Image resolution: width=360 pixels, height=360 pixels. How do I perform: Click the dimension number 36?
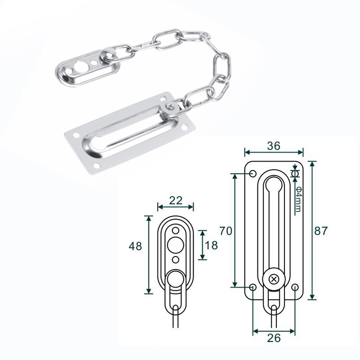click(274, 145)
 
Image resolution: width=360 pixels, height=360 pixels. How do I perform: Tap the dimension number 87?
click(321, 231)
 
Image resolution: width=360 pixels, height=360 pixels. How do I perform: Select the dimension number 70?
click(226, 231)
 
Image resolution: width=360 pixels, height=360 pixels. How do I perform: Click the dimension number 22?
click(175, 200)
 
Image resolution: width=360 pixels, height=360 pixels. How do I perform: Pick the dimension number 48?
click(135, 246)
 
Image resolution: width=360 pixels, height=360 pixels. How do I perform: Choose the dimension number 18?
click(211, 245)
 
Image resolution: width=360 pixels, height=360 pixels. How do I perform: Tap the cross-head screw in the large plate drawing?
click(274, 279)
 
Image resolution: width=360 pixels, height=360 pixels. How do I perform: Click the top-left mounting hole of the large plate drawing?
click(252, 174)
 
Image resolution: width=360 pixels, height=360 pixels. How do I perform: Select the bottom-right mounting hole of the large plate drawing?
click(295, 287)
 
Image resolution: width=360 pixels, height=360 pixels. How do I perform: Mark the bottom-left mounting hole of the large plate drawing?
click(253, 287)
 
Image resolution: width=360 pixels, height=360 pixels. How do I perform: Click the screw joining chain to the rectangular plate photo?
click(170, 107)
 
